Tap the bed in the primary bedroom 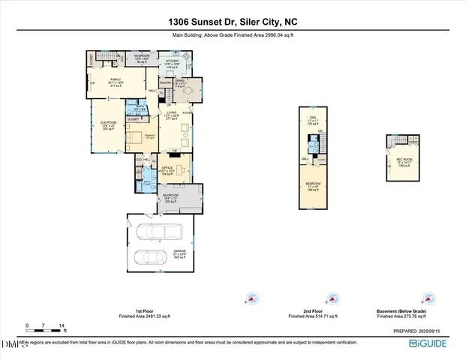coord(135,136)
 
